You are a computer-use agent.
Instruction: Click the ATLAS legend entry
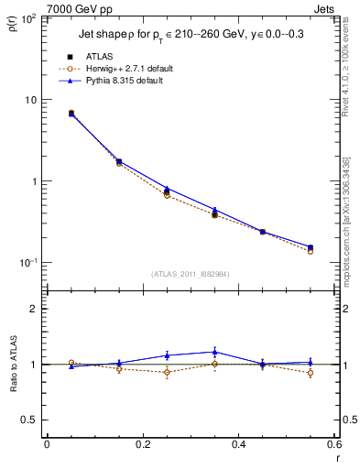point(100,56)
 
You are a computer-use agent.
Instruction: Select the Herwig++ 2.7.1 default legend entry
point(134,69)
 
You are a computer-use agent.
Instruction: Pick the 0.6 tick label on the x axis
point(334,445)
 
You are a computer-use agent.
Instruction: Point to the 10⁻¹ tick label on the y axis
point(27,263)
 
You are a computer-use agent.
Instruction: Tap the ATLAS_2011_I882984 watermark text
point(191,274)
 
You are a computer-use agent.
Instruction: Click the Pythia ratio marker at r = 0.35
point(214,352)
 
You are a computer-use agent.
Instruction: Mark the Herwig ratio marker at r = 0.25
point(167,372)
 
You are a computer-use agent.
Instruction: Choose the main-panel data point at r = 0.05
point(71,113)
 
